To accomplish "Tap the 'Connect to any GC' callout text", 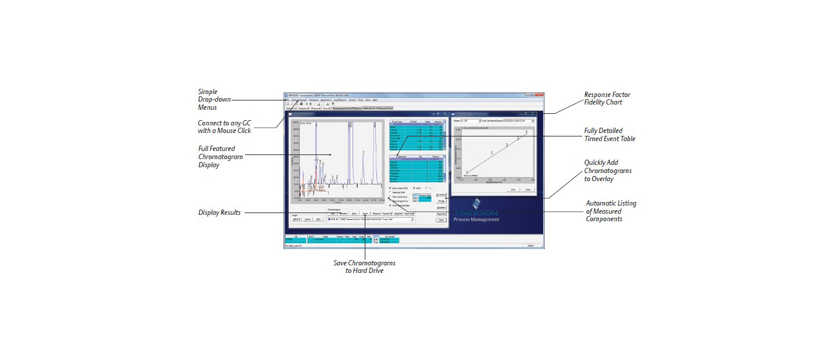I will click(x=224, y=126).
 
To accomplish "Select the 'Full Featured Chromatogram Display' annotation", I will click(x=220, y=157).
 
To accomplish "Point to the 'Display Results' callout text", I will click(x=219, y=213).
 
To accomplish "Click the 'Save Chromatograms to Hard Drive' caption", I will click(x=364, y=267).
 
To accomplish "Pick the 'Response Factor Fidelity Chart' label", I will click(x=607, y=98).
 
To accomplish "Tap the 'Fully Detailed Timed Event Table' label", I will click(x=609, y=135).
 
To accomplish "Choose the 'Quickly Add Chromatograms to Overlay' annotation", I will click(x=608, y=171).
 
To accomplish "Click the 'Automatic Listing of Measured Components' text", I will click(x=610, y=211).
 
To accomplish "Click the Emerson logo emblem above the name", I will click(x=476, y=204).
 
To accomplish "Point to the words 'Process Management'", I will click(x=477, y=219).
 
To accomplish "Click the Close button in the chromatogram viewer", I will click(x=441, y=220).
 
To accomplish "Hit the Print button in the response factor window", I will click(x=513, y=189).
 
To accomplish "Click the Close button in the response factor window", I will click(x=527, y=189).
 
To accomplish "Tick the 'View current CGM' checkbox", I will click(x=390, y=188).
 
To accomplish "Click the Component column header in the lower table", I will click(x=400, y=156).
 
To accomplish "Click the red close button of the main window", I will click(x=540, y=95).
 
